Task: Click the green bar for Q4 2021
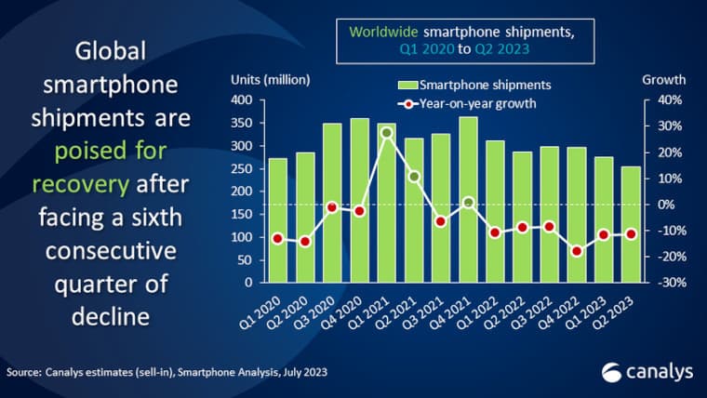469,200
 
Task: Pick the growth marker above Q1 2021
387,133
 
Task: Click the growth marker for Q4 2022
577,251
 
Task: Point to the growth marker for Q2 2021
414,177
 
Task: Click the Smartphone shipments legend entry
474,86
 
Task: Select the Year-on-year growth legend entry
474,103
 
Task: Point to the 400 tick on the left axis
241,99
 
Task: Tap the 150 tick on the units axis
241,214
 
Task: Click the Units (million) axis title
270,79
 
